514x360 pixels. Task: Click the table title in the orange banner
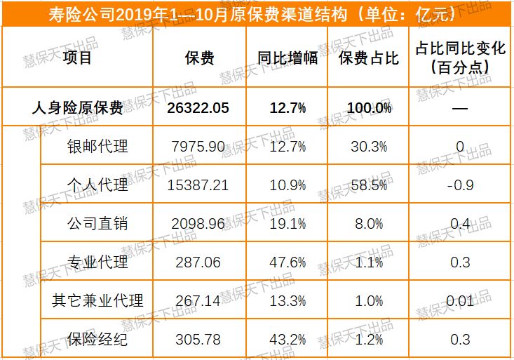point(252,15)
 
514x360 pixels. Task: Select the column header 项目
point(77,58)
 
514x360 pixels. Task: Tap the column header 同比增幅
point(288,58)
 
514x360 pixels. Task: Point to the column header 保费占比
point(368,58)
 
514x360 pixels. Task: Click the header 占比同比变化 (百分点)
point(460,58)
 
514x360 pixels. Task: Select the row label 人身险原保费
point(77,107)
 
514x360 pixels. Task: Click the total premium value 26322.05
point(198,108)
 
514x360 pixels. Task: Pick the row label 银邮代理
point(97,146)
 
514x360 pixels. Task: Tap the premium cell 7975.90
point(198,147)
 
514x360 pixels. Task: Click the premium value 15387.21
point(198,185)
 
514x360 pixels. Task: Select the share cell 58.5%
point(369,185)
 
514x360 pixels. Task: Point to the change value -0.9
point(460,185)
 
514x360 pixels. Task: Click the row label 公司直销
point(97,223)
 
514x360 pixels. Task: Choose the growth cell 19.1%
point(288,224)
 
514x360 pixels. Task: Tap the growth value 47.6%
point(288,262)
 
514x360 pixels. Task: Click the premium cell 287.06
point(198,262)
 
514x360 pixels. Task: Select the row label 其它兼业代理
point(97,300)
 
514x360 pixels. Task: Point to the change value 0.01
point(460,301)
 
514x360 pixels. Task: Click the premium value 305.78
point(198,340)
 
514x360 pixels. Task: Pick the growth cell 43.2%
point(288,340)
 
